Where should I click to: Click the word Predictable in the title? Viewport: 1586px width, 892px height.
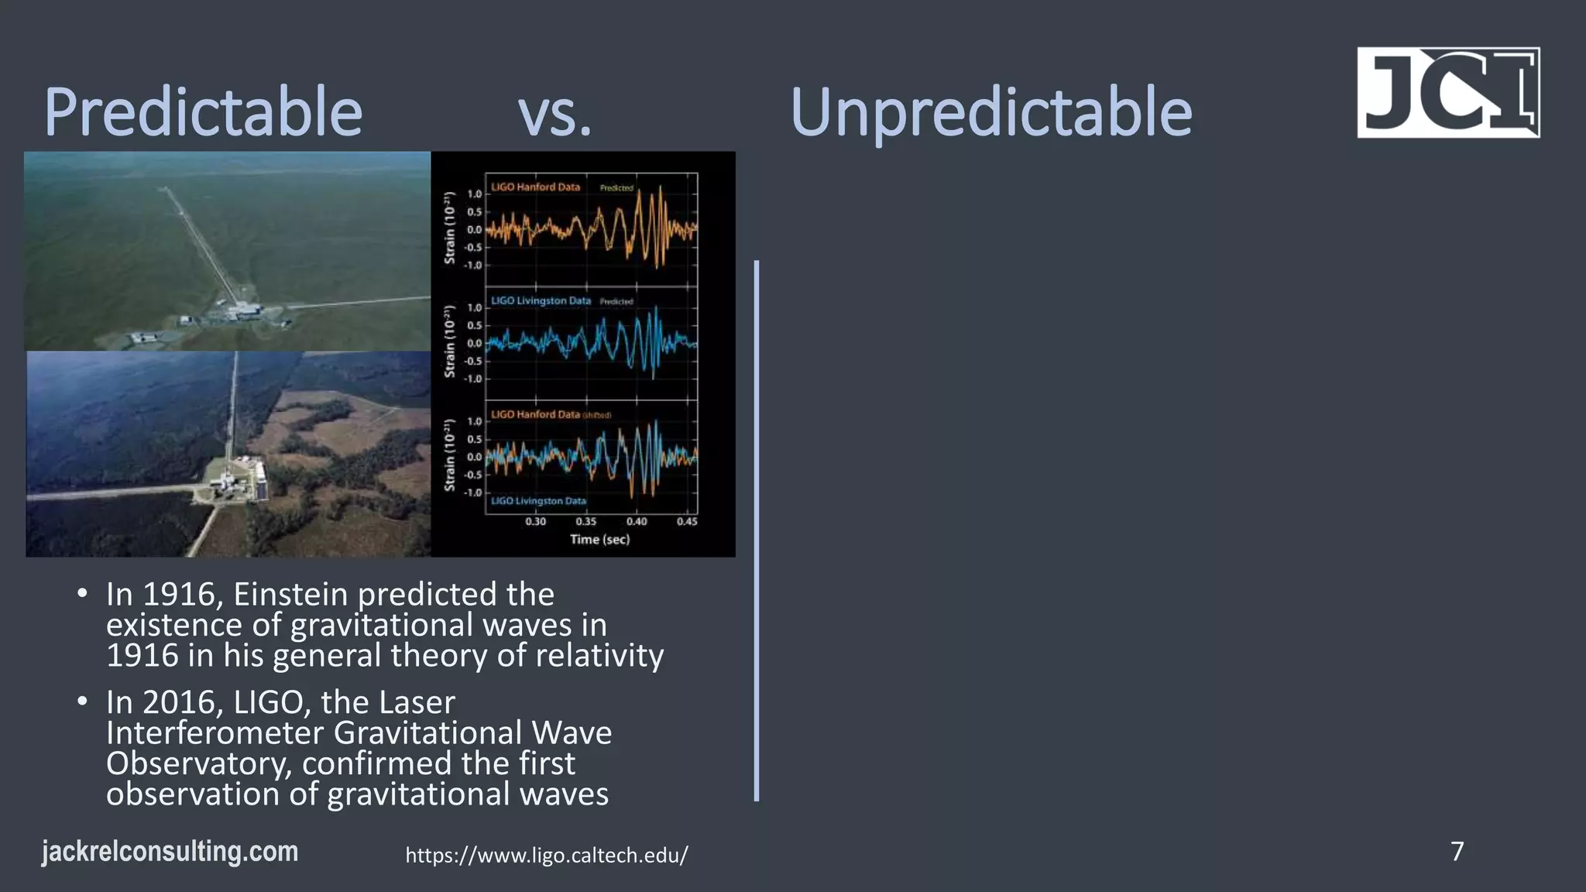[203, 112]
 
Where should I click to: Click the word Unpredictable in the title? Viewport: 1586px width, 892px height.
[990, 112]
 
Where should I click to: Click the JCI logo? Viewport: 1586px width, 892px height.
[1447, 92]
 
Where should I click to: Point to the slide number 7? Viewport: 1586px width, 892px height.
[1457, 851]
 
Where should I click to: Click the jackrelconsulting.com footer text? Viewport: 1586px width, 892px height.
[170, 852]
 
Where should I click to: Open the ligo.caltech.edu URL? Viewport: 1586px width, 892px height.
[547, 856]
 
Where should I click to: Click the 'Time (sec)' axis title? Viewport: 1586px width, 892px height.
[599, 539]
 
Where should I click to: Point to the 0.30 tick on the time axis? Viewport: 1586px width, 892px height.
[536, 521]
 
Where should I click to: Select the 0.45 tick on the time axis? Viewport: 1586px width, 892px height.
[686, 521]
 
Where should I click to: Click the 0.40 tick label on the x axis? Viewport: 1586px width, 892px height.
[637, 521]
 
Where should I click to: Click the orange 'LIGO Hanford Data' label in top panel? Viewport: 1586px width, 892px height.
[535, 187]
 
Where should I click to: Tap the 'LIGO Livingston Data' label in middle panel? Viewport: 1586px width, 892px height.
[541, 300]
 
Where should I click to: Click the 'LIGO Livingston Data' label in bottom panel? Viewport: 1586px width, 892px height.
[538, 501]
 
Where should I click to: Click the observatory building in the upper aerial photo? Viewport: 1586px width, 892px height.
[240, 310]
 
